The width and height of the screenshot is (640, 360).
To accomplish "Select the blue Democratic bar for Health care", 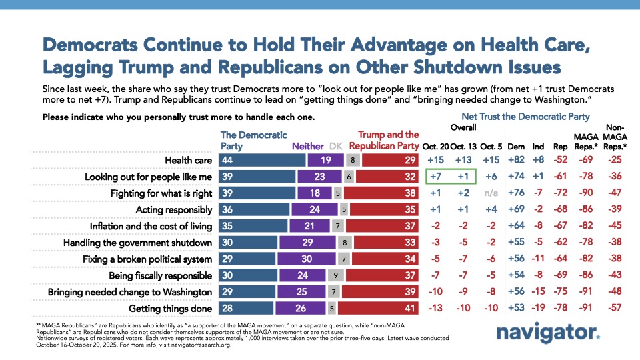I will pyautogui.click(x=263, y=161).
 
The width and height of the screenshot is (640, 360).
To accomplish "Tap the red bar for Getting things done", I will pyautogui.click(x=378, y=309).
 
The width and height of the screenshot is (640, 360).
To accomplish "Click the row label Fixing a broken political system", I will pyautogui.click(x=148, y=259).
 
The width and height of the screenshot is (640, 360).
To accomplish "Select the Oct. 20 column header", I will pyautogui.click(x=437, y=145).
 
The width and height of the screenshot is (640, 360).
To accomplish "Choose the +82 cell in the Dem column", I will pyautogui.click(x=515, y=161).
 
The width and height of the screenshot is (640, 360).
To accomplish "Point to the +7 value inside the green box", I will pyautogui.click(x=437, y=177).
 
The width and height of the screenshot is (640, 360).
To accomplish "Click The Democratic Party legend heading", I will pyautogui.click(x=243, y=140).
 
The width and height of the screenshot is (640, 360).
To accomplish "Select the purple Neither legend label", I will pyautogui.click(x=307, y=145).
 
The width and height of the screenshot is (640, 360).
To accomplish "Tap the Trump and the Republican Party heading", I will pyautogui.click(x=389, y=140).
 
